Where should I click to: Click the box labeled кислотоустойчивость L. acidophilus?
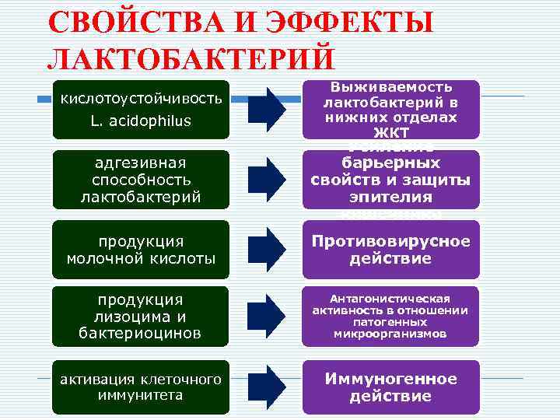141,110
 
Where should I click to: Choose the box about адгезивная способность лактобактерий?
141,180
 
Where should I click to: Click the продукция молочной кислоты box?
141,250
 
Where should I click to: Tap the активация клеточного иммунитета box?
141,387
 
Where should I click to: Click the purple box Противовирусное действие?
390,250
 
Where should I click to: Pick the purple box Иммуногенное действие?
390,387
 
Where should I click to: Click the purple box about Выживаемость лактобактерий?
390,110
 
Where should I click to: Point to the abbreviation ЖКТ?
390,133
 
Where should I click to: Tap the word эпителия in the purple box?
390,198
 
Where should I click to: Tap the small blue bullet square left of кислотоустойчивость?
44,100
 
